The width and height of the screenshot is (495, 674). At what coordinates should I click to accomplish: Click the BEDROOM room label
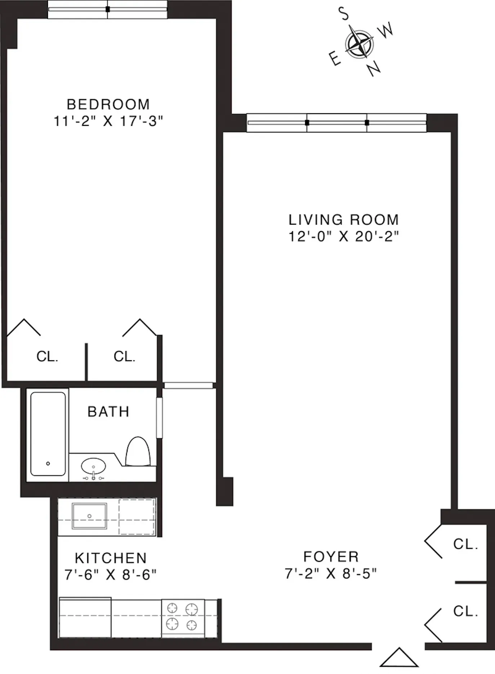(108, 105)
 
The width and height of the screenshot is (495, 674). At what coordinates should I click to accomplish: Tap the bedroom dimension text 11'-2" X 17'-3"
(108, 121)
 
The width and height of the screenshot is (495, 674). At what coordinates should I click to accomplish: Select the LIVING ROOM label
(343, 220)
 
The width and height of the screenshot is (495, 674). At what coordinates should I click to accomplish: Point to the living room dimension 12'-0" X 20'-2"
(343, 237)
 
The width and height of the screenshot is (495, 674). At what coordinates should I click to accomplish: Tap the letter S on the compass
(344, 14)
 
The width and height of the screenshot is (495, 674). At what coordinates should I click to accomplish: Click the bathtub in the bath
(48, 434)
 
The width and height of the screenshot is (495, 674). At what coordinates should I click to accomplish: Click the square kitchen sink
(89, 516)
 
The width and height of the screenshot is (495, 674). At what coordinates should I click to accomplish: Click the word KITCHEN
(111, 558)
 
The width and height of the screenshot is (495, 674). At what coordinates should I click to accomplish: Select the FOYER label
(331, 557)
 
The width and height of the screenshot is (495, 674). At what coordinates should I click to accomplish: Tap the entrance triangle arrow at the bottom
(399, 658)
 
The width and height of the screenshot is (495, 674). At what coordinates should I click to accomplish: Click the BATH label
(108, 411)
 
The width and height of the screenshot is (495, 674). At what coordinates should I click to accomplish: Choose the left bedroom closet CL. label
(47, 357)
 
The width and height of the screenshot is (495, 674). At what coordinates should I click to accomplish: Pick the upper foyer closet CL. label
(465, 544)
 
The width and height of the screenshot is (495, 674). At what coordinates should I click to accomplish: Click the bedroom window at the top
(107, 10)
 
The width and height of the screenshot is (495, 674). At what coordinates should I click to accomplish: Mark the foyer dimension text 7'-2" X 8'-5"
(330, 573)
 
